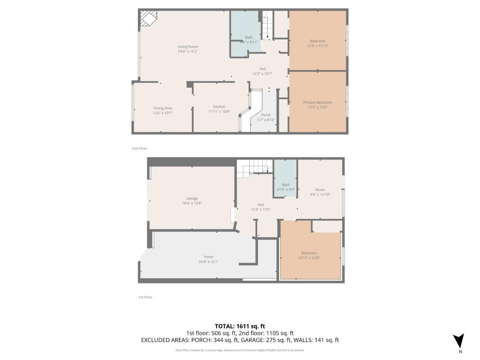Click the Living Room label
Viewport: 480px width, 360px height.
(x=188, y=47)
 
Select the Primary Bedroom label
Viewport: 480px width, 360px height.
(x=317, y=102)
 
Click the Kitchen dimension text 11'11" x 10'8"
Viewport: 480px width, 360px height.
(x=219, y=112)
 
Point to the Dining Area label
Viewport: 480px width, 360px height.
(x=163, y=108)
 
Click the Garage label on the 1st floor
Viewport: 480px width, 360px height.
(x=192, y=198)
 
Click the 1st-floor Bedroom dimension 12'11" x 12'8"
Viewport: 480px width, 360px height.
(x=309, y=258)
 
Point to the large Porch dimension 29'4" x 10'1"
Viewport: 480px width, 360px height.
(x=208, y=262)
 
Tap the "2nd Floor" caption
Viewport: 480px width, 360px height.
(x=139, y=148)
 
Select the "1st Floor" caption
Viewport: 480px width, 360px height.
(x=145, y=297)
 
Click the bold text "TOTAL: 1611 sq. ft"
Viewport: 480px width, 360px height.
(x=240, y=326)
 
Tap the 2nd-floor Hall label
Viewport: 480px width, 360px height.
(x=262, y=69)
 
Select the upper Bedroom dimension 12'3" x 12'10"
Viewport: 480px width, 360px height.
(x=318, y=46)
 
